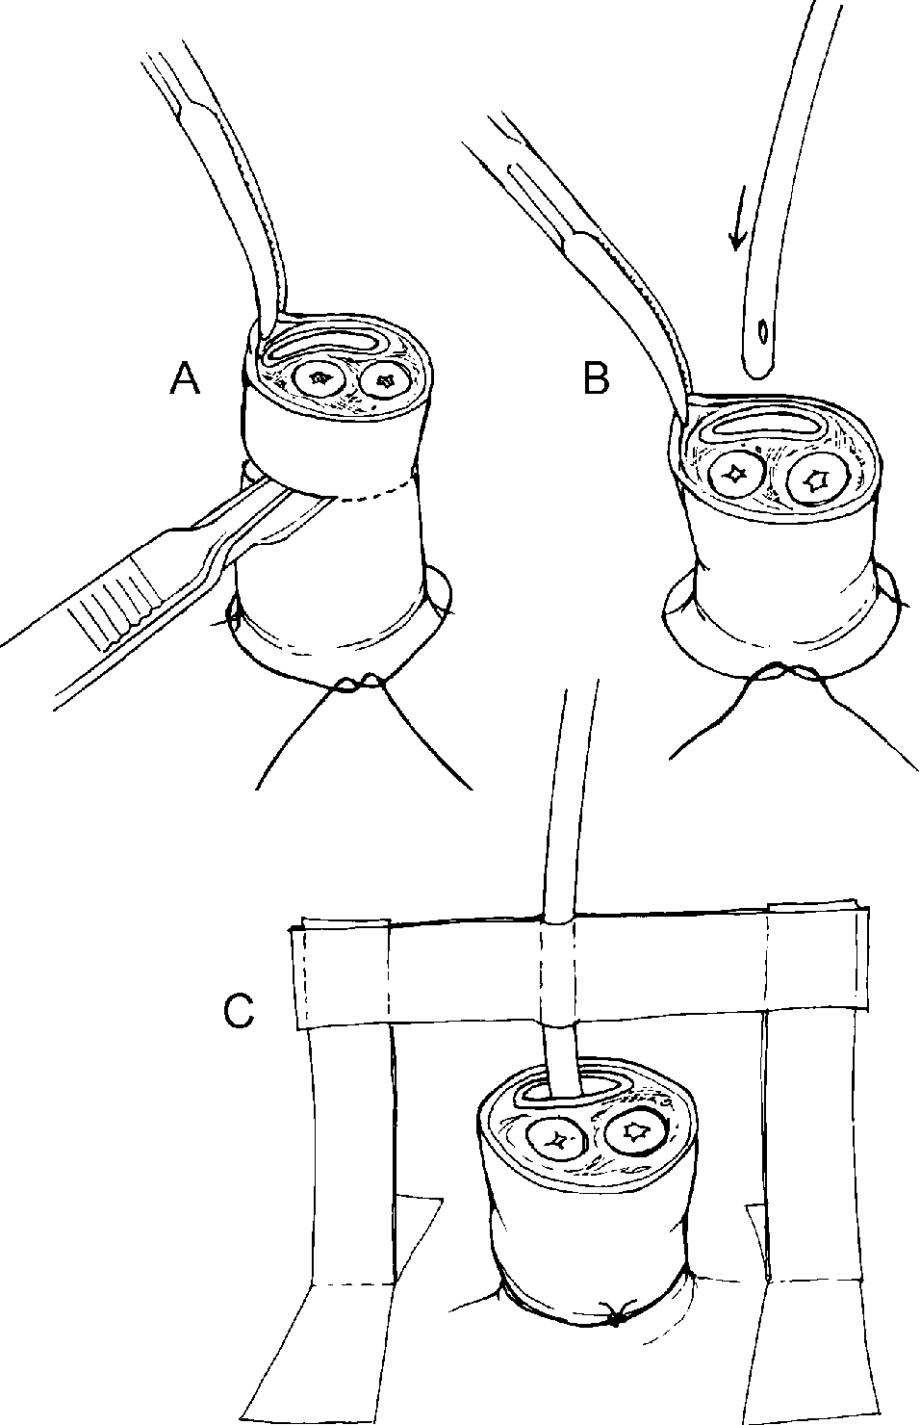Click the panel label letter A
pos(185,380)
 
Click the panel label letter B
pos(596,379)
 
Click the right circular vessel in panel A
pos(385,381)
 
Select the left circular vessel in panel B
pos(737,475)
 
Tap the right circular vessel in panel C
pos(634,1131)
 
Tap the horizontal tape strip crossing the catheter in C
pos(577,973)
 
